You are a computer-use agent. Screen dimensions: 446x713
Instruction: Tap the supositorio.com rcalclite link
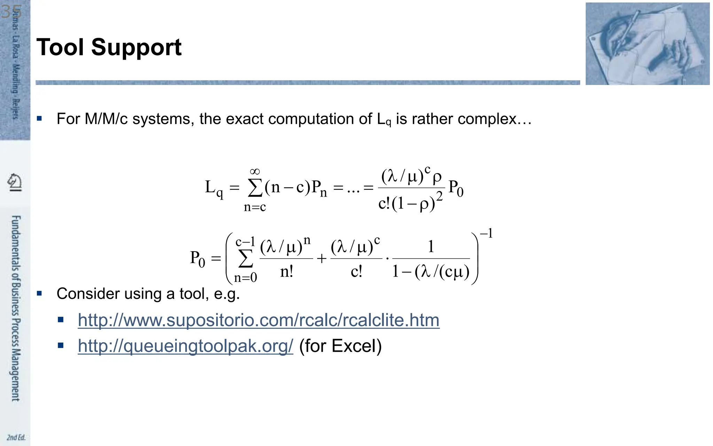[x=258, y=320]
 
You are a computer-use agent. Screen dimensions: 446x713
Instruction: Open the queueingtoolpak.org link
[x=185, y=346]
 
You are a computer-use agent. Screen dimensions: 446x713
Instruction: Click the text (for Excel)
[x=340, y=346]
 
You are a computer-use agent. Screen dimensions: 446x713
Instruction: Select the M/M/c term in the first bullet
[x=106, y=119]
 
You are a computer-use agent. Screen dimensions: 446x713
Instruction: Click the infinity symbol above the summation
[x=255, y=171]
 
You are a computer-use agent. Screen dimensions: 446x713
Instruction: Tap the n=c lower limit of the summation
[x=255, y=207]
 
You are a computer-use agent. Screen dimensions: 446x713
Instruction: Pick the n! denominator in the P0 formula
[x=287, y=271]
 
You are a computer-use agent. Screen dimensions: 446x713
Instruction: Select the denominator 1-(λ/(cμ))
[x=431, y=271]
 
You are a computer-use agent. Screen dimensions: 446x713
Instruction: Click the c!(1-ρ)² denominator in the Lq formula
[x=410, y=202]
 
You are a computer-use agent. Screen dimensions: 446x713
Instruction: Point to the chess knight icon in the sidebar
[x=15, y=182]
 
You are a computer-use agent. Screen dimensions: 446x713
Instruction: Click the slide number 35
[x=11, y=12]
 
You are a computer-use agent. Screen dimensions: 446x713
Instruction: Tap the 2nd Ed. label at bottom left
[x=16, y=437]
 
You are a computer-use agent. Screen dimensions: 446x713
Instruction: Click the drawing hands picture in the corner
[x=647, y=44]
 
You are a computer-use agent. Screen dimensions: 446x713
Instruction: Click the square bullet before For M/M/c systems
[x=39, y=119]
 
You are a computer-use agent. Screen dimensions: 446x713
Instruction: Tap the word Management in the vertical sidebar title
[x=16, y=375]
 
